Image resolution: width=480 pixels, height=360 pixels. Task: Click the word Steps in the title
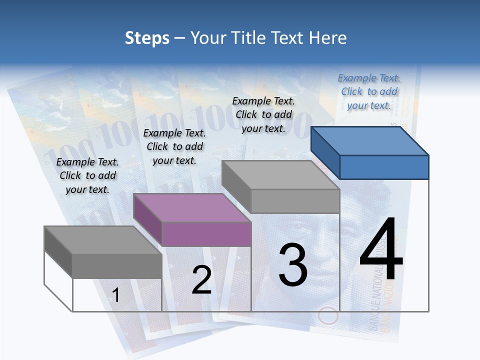coord(147,38)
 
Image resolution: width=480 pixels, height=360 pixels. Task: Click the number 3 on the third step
coord(292,264)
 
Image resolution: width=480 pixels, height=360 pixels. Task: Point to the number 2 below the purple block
coord(201,280)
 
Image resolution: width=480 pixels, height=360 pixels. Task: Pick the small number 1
coord(115,295)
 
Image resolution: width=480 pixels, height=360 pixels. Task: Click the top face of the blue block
coord(370,140)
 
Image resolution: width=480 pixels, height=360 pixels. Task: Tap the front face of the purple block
coord(206,234)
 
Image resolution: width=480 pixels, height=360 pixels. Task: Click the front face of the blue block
coord(384,167)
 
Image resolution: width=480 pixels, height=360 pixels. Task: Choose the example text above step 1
coord(87,175)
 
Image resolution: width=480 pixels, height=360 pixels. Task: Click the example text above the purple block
coord(174,146)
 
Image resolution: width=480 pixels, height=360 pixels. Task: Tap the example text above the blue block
coord(369,91)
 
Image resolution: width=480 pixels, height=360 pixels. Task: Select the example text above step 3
coord(263,114)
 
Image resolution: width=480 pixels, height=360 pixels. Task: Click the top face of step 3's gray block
coord(280,174)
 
